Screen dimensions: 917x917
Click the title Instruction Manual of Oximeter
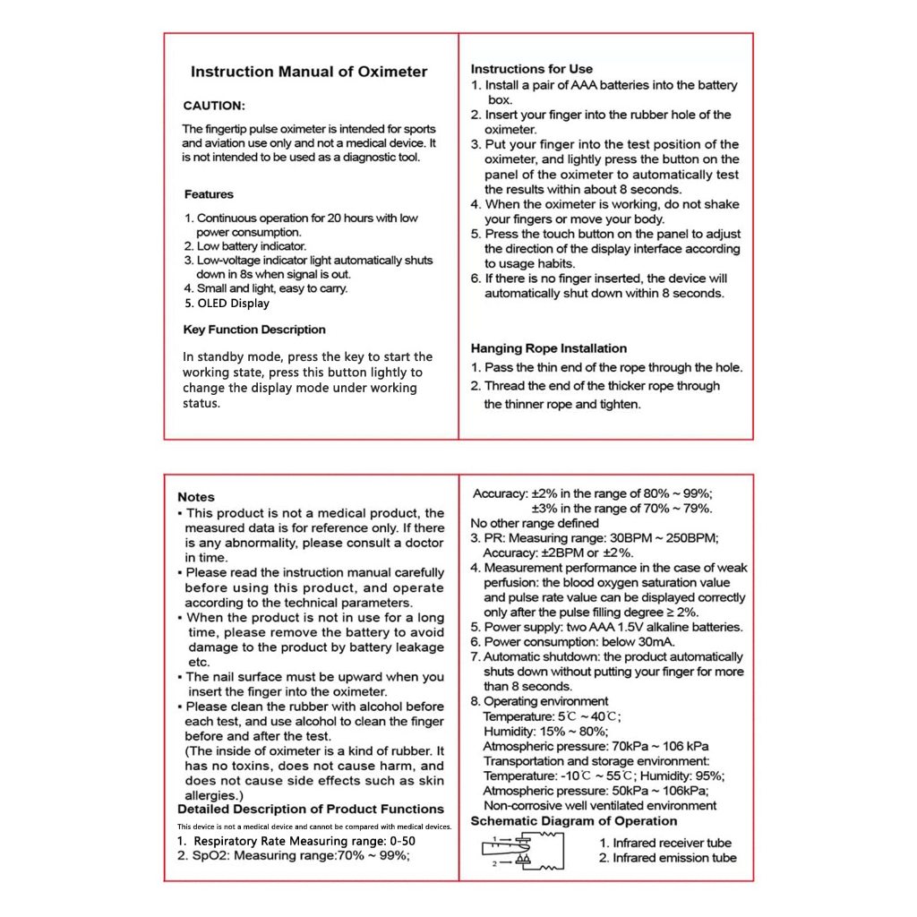coord(309,72)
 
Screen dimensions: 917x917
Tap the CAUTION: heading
coord(214,106)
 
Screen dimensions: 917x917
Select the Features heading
coord(209,194)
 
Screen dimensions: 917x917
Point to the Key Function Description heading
coord(254,330)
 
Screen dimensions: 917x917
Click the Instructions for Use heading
coord(532,69)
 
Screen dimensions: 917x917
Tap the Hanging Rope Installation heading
coord(549,348)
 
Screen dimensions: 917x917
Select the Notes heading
coord(196,497)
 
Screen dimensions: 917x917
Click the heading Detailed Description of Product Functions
coord(311,810)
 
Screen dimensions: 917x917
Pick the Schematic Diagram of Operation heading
coord(574,821)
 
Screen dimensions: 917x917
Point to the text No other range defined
coord(536,523)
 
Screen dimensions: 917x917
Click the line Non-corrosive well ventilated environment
coord(600,805)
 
